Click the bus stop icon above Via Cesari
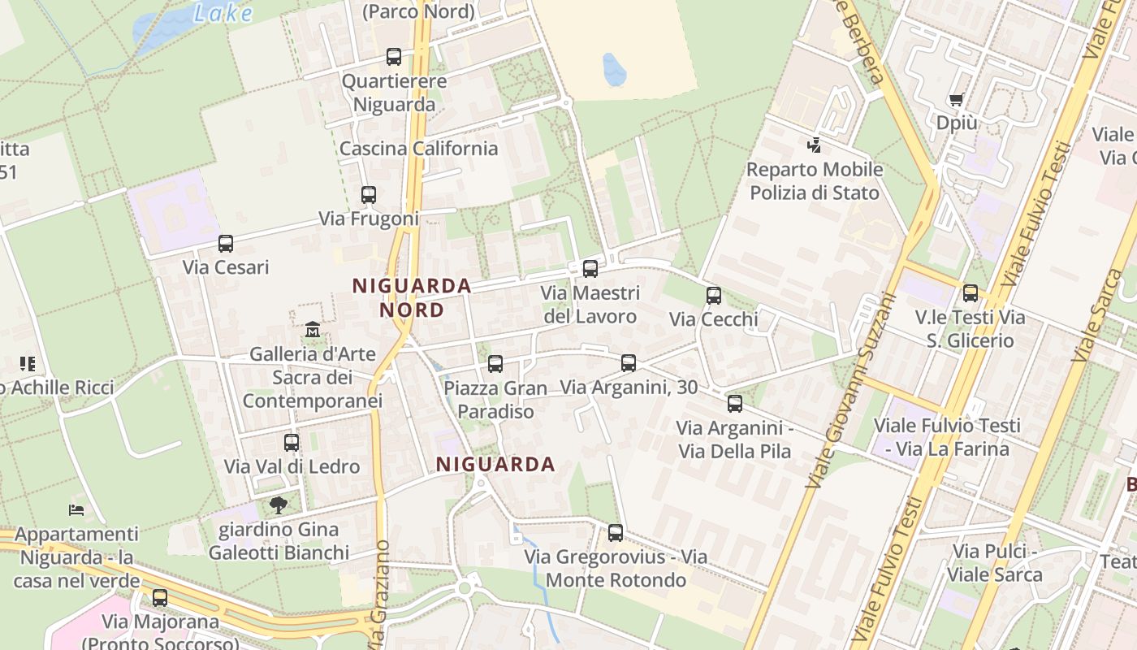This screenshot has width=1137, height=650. (x=226, y=244)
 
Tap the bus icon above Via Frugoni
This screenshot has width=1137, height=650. (x=369, y=195)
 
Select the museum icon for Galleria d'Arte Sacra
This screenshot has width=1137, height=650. (x=313, y=330)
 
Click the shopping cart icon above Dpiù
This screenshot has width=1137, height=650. (x=956, y=100)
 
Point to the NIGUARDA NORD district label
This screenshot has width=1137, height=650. (x=413, y=297)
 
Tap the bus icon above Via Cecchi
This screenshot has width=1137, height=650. (x=714, y=296)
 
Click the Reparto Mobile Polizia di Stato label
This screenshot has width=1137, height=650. (x=815, y=181)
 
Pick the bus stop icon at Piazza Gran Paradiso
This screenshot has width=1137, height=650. (x=495, y=364)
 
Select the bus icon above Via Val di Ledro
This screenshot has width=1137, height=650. (x=292, y=443)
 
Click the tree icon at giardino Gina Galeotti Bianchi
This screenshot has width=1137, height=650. (x=279, y=505)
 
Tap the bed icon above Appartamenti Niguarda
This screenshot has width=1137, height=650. (x=76, y=510)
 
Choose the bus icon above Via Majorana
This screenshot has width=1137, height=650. (x=160, y=598)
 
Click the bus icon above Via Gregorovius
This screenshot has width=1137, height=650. (x=616, y=533)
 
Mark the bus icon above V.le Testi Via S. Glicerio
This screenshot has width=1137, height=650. (x=971, y=293)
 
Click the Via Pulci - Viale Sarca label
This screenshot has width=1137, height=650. (x=995, y=563)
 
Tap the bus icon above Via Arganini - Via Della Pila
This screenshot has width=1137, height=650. (x=735, y=403)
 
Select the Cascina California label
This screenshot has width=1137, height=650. (x=418, y=149)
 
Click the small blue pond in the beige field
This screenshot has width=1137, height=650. (x=614, y=70)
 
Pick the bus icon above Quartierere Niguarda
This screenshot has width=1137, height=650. (x=394, y=57)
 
